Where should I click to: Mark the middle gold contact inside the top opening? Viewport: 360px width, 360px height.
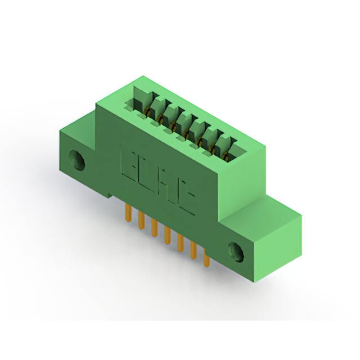[184, 130]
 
